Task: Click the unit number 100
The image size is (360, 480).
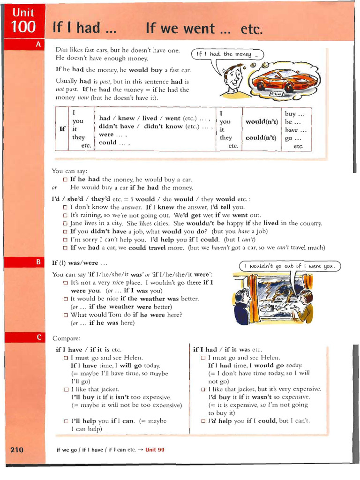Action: (24, 27)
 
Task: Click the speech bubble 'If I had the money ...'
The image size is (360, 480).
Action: (227, 54)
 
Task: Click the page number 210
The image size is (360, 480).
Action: (16, 450)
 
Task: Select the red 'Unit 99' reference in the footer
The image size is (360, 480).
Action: (155, 450)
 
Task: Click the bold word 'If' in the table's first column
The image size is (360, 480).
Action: (62, 129)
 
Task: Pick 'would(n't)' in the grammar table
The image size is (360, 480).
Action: (262, 122)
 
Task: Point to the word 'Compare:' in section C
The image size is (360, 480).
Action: (66, 338)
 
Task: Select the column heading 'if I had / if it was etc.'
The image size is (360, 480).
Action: (227, 350)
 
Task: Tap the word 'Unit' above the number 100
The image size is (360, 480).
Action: (23, 12)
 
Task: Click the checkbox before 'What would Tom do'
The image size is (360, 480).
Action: (66, 315)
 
